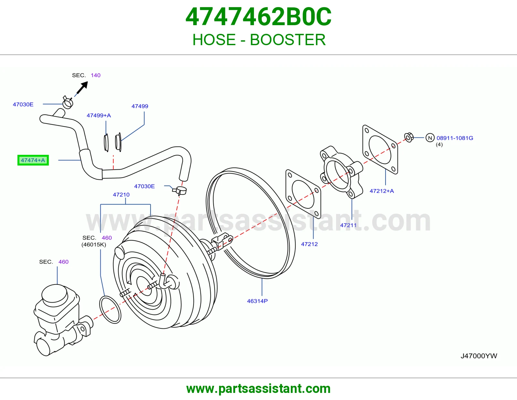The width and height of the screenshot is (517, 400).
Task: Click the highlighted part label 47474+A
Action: [x=33, y=160]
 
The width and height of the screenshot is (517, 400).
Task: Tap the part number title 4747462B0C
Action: [x=258, y=17]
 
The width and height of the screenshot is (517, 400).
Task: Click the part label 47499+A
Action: [x=99, y=115]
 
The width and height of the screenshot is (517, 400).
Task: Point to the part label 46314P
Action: [x=257, y=301]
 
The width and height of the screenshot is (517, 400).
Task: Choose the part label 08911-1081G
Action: [x=455, y=138]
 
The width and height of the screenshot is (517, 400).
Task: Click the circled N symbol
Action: [x=430, y=138]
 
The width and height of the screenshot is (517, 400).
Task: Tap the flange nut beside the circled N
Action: [x=409, y=137]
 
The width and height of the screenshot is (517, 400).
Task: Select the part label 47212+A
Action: [x=382, y=191]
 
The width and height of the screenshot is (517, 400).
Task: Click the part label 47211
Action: [x=348, y=225]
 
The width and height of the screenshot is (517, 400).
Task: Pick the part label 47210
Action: [x=121, y=195]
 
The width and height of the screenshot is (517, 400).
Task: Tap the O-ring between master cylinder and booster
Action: [x=110, y=309]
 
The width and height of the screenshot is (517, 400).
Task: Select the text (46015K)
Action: [x=94, y=245]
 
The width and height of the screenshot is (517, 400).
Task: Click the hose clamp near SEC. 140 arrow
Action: [x=68, y=103]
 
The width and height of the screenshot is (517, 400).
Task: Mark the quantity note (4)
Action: [x=439, y=145]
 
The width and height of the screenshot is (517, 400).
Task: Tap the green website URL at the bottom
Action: [x=258, y=389]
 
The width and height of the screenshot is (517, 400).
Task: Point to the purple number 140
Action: [x=96, y=75]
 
